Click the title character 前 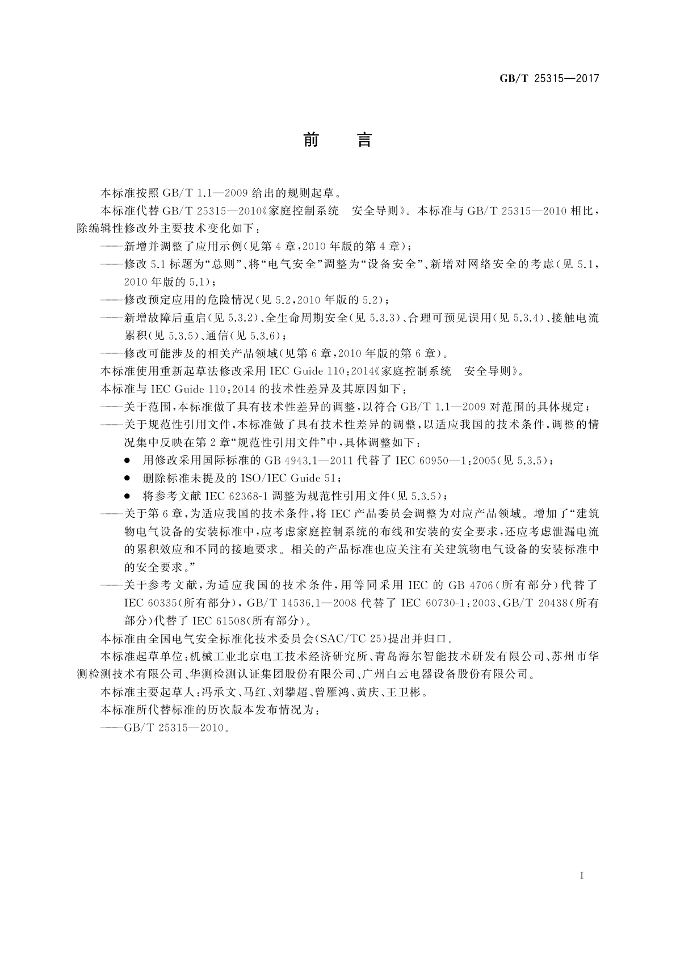(311, 139)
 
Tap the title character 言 (364, 139)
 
